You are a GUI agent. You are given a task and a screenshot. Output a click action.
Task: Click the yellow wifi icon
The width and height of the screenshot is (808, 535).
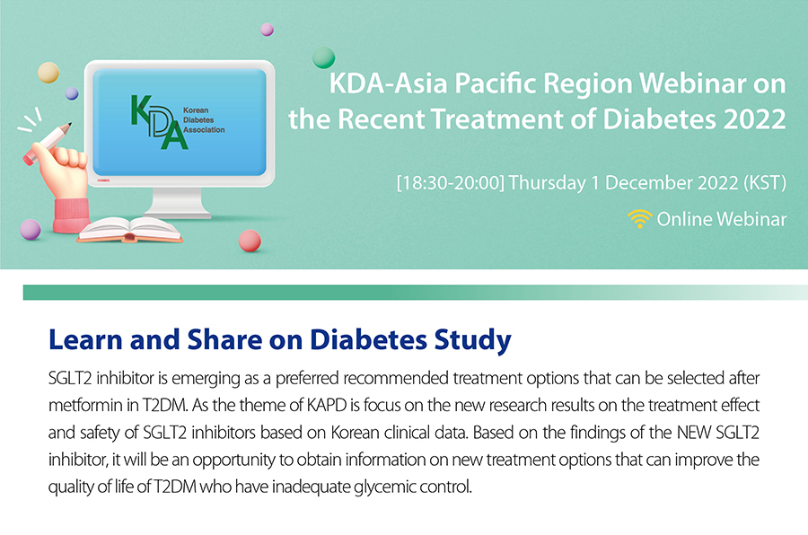(x=639, y=219)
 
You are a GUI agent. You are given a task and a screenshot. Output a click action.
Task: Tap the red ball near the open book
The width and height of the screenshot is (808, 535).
(x=250, y=241)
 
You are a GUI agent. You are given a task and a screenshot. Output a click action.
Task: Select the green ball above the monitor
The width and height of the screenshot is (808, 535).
(x=323, y=57)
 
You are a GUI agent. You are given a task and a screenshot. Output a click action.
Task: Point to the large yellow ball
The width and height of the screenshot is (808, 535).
(x=48, y=72)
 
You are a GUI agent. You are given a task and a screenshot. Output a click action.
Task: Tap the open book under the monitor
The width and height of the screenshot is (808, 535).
(x=130, y=230)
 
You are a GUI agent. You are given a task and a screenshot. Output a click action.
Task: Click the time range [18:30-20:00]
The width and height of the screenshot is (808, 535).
(x=451, y=183)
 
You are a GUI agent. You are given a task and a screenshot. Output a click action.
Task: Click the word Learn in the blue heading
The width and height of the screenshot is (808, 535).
(x=85, y=339)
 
